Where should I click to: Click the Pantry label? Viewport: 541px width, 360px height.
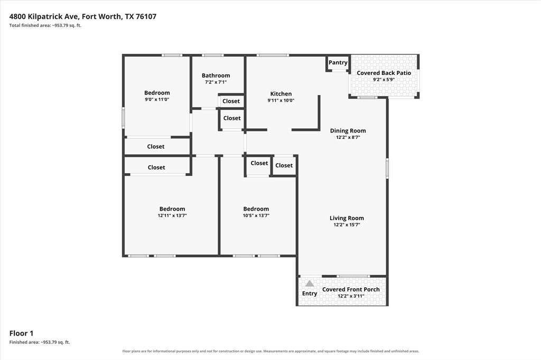click(x=338, y=62)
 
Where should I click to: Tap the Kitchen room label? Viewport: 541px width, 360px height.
click(x=281, y=94)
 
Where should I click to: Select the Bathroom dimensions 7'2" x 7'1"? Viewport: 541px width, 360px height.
click(x=216, y=82)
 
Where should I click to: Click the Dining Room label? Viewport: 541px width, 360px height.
click(x=348, y=131)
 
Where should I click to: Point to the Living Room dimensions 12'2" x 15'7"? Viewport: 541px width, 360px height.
click(x=347, y=225)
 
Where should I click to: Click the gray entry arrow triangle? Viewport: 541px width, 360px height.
click(x=310, y=283)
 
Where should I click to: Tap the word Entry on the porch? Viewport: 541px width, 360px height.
click(x=310, y=293)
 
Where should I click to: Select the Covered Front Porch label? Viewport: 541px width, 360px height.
click(x=351, y=289)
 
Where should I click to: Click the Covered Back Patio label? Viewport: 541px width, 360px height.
click(x=384, y=73)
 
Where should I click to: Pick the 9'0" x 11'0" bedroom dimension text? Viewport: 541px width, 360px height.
click(x=157, y=99)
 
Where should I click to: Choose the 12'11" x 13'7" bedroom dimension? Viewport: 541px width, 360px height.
click(x=172, y=215)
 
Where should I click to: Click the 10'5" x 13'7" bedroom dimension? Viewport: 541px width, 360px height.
click(x=256, y=215)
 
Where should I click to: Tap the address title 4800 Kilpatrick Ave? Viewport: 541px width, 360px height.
click(x=44, y=16)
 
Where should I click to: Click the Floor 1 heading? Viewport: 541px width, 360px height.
click(x=21, y=333)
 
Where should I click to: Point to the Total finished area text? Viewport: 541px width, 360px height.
click(x=45, y=25)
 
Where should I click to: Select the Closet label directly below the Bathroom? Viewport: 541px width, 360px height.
click(x=231, y=101)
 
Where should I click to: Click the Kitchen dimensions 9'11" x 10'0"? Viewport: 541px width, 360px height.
click(x=281, y=100)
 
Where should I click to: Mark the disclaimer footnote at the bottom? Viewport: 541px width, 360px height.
click(x=270, y=351)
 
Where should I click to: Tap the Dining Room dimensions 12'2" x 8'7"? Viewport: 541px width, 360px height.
click(x=348, y=137)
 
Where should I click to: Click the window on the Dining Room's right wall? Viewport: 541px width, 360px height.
click(x=387, y=168)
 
